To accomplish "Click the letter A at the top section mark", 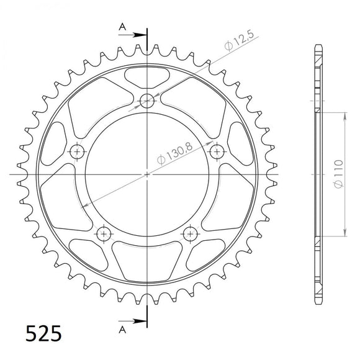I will point(123,27).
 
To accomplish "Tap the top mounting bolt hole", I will point(147,99).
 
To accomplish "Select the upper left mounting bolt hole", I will point(77,151).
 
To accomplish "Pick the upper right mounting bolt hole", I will point(217,151).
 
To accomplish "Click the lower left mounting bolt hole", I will point(104,233).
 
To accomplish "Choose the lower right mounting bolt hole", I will point(191,233).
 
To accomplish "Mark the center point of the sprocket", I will point(147,174).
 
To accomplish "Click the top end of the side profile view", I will point(318,47).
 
